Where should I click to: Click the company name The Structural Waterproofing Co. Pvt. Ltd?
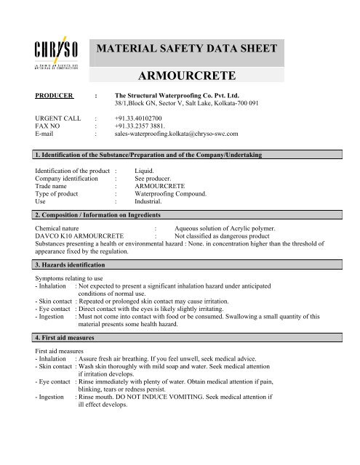(184, 95)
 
